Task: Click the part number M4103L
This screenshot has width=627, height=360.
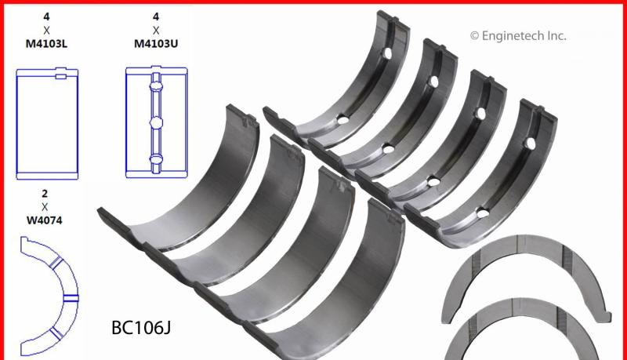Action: (46, 44)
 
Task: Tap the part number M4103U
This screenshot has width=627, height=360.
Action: (156, 44)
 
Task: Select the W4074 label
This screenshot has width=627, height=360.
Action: (45, 220)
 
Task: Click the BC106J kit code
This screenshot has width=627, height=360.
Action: (141, 328)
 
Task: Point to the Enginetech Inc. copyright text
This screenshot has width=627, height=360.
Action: (518, 36)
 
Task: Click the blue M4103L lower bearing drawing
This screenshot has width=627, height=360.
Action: (47, 124)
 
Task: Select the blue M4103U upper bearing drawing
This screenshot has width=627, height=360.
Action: (156, 122)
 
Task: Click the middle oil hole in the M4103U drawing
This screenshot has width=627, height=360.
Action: (156, 122)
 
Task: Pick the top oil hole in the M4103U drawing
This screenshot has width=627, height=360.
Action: (156, 85)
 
